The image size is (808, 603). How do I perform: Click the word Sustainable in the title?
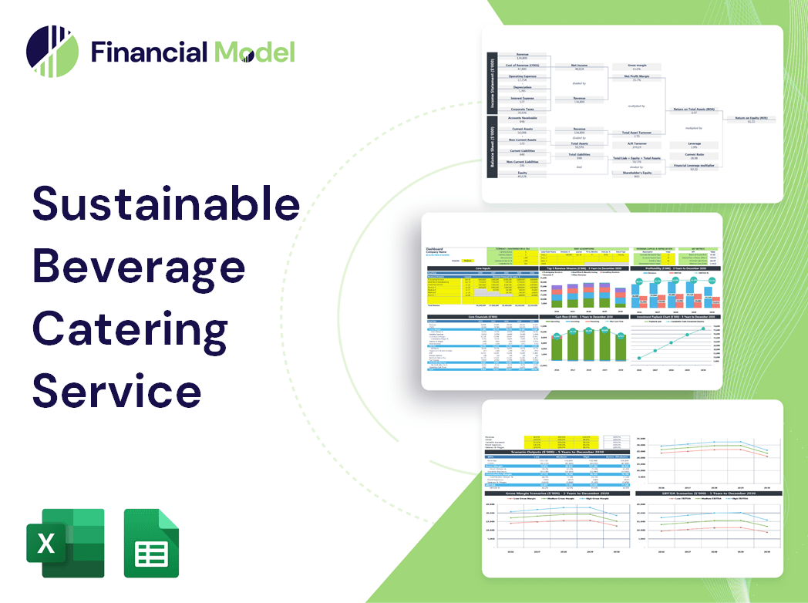click(166, 204)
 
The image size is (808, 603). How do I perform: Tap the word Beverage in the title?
click(139, 266)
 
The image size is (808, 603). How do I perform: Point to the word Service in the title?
click(116, 390)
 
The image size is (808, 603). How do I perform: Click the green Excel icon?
click(65, 543)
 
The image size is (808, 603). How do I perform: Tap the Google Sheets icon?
click(151, 543)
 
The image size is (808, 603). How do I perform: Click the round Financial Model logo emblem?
click(52, 52)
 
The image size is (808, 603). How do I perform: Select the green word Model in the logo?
click(254, 52)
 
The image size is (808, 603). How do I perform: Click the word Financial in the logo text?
click(149, 52)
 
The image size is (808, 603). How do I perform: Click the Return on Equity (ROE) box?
click(750, 120)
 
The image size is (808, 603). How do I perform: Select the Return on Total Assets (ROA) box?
click(694, 111)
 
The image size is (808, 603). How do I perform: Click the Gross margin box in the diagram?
click(636, 67)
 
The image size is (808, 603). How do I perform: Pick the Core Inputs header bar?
click(483, 268)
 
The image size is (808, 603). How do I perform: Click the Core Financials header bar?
click(483, 317)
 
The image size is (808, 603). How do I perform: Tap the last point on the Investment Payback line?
click(702, 329)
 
